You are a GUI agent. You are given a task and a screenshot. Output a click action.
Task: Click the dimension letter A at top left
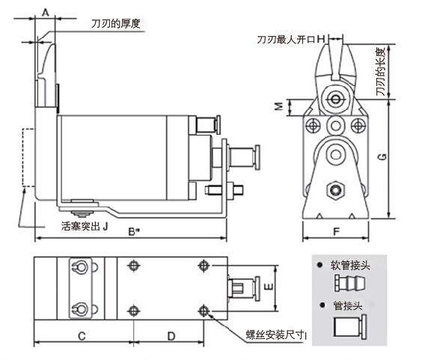pos(45,12)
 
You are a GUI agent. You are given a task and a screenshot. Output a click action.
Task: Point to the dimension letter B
pos(130,231)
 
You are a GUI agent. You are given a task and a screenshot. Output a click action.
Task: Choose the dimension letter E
pos(269,287)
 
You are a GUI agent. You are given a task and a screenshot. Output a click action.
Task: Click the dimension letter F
pos(337,231)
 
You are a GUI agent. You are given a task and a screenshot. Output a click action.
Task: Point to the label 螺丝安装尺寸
pos(277,335)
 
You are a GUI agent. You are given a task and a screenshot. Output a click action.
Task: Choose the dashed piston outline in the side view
pos(28,158)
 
